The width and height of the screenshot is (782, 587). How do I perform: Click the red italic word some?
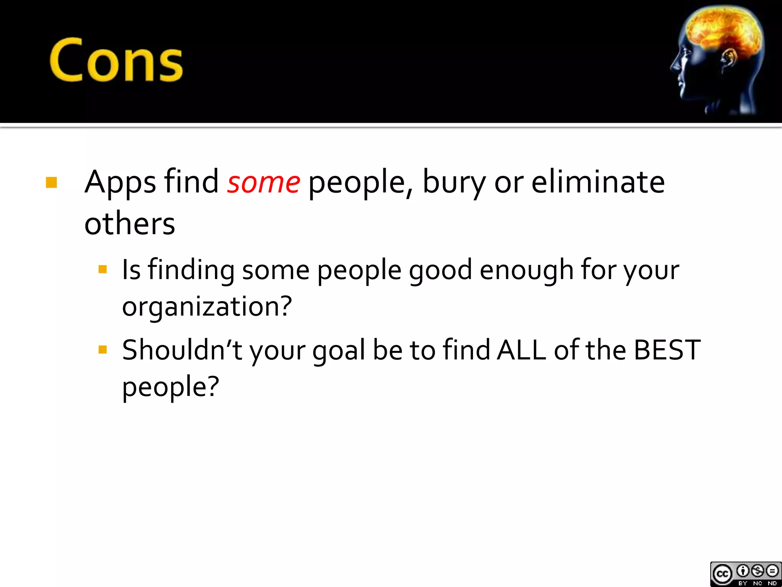(263, 183)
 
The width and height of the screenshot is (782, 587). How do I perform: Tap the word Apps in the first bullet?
(120, 183)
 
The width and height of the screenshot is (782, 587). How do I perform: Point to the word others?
(129, 224)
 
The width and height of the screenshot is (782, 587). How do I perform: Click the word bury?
(454, 183)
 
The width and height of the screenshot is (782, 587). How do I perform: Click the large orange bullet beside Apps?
(51, 183)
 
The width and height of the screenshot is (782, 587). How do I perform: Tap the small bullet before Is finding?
(102, 270)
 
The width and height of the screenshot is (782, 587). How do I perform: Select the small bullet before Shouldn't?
(102, 349)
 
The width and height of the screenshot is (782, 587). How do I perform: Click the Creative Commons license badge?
(745, 574)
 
